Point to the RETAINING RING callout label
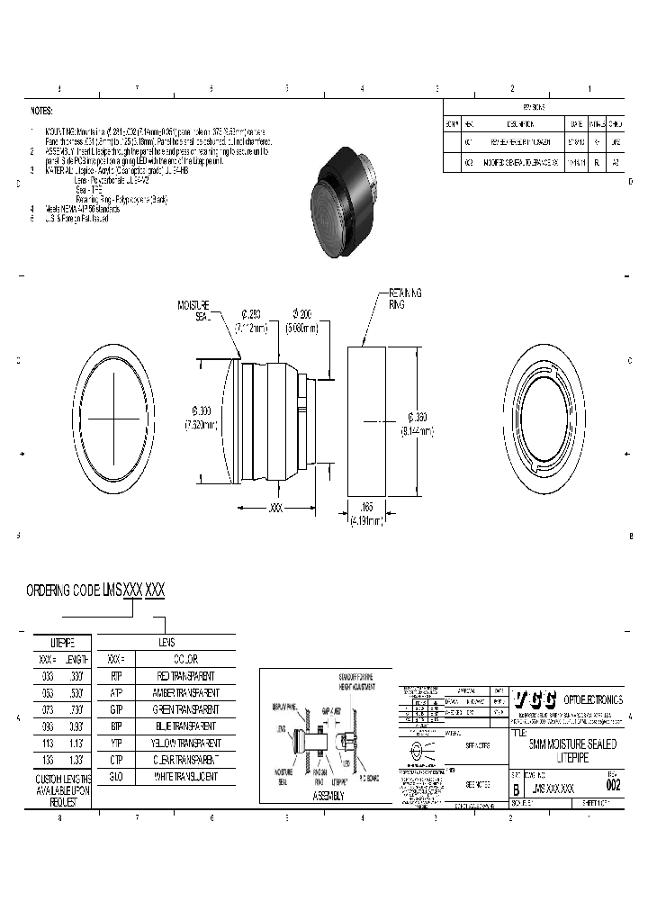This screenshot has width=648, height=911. click(404, 299)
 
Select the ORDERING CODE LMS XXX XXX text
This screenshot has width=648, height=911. click(95, 591)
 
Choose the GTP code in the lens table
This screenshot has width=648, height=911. click(116, 708)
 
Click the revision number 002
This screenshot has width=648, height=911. click(614, 785)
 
